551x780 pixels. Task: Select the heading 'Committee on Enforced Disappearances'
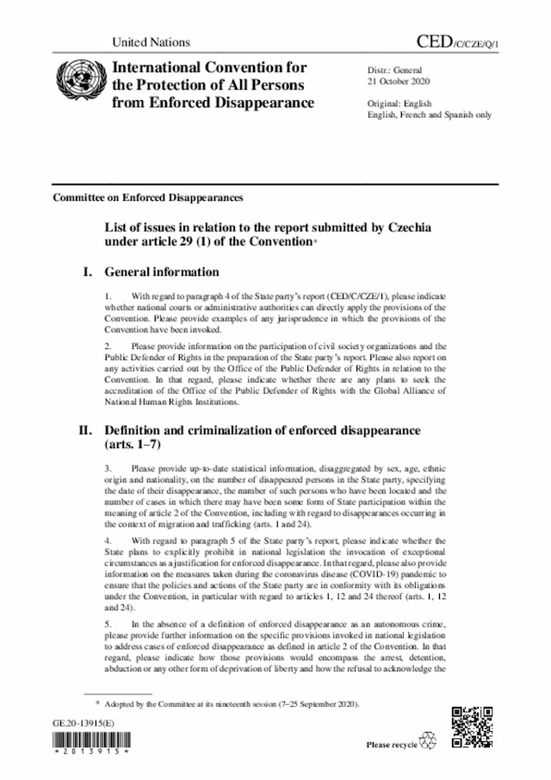(x=147, y=197)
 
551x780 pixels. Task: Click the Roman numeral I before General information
(x=87, y=272)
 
